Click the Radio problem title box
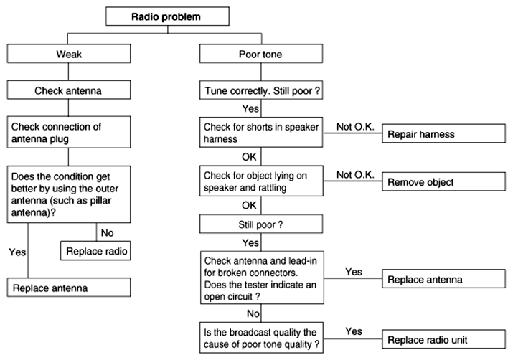pos(167,16)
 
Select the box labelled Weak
pos(69,54)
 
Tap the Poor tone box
pos(261,54)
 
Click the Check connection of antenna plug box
pos(69,132)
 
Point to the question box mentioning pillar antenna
pos(69,194)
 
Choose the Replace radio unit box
pos(443,339)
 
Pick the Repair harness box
pos(443,133)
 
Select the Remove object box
pos(443,181)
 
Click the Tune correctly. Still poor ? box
pos(261,90)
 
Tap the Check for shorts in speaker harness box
pos(261,132)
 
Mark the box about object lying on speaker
pos(261,181)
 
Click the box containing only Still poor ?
pos(261,224)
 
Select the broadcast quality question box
pos(261,338)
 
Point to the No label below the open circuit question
pos(253,313)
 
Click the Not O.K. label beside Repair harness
pos(355,127)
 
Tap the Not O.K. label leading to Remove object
pos(355,175)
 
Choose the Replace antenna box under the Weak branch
pos(69,288)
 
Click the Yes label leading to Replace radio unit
pos(354,331)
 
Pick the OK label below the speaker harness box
pos(249,157)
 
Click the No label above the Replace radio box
pos(107,233)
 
